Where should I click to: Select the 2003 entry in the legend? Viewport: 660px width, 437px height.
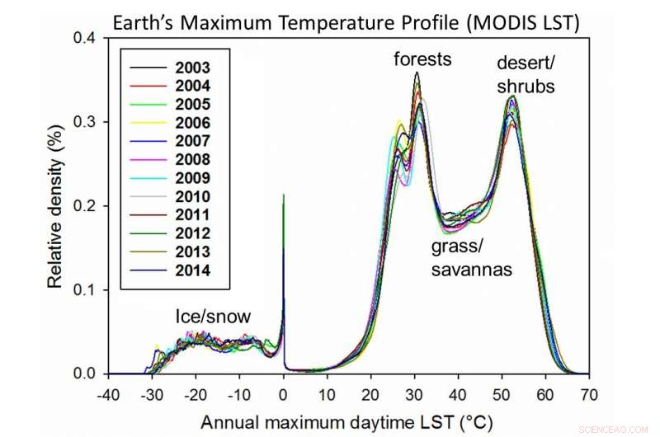point(192,67)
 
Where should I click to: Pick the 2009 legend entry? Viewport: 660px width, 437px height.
point(192,178)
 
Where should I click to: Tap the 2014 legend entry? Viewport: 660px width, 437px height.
point(192,270)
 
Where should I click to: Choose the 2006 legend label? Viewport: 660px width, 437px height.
point(192,123)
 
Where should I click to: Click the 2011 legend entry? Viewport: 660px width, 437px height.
point(192,215)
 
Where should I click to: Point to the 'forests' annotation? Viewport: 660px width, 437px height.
point(422,59)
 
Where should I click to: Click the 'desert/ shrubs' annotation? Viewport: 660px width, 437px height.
point(525,73)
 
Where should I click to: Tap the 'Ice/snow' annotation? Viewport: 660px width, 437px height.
point(212,317)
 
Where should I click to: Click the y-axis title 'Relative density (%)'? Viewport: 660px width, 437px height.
point(54,206)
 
